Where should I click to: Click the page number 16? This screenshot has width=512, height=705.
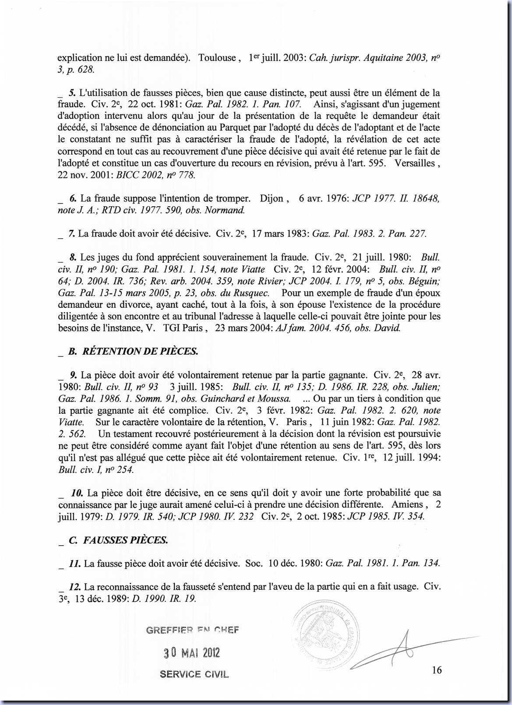(x=436, y=670)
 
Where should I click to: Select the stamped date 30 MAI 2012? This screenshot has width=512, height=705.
(x=192, y=653)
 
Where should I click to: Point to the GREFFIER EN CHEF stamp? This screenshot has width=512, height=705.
(x=192, y=630)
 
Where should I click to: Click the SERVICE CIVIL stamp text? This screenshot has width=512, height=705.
(x=194, y=674)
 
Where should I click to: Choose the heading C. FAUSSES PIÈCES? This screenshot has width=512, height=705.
(x=118, y=540)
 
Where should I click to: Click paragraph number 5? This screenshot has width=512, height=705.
(x=73, y=93)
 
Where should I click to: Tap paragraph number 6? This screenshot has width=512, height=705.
(x=73, y=198)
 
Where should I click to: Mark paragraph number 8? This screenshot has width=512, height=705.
(x=73, y=257)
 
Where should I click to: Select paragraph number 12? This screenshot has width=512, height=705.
(x=75, y=586)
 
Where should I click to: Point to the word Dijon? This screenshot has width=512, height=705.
(x=272, y=198)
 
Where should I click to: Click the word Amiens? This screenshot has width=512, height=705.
(x=407, y=504)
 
